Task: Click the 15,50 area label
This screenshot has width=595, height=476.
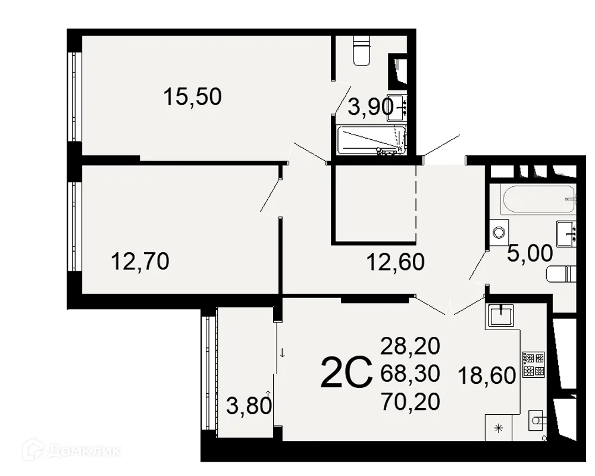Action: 192,96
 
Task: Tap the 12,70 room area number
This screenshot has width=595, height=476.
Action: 140,262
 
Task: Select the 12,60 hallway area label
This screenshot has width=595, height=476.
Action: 396,262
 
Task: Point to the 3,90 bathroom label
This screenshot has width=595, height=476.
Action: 371,108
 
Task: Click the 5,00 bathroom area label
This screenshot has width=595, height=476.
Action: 530,253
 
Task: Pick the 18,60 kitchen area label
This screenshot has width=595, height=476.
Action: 487,376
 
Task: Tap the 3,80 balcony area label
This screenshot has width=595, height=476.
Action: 249,406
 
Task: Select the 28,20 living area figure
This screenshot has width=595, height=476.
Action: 410,346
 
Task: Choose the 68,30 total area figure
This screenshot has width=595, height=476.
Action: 410,374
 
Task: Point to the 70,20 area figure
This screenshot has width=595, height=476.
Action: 410,402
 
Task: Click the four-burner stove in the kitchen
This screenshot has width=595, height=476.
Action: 534,365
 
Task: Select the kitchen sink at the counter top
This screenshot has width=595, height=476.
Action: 501,316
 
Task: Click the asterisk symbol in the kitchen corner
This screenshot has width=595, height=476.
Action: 498,428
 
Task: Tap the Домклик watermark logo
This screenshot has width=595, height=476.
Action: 72,450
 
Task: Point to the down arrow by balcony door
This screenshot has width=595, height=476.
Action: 282,353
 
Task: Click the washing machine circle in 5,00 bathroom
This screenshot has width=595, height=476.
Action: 499,232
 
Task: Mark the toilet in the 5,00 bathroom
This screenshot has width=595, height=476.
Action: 561,274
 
